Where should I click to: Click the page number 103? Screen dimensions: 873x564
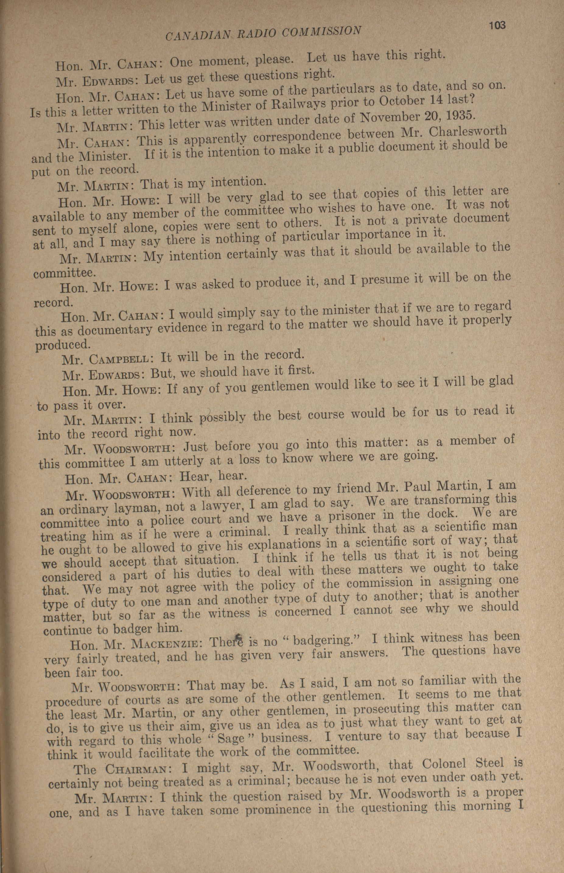497,26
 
